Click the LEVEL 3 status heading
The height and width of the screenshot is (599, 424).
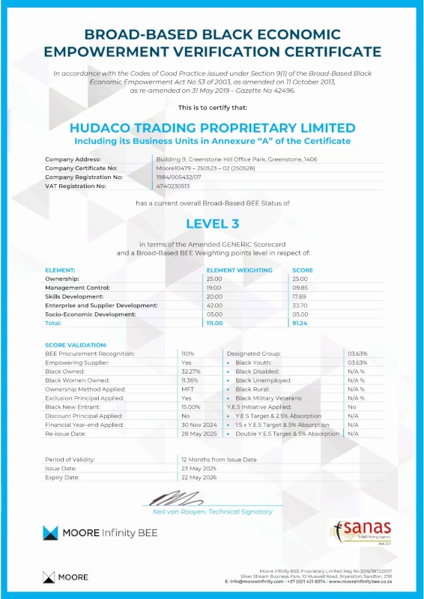[x=211, y=223]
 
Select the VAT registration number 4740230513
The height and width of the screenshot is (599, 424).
[x=173, y=186]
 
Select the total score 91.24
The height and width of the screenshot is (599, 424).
[x=301, y=323]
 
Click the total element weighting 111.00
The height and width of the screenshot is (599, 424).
[x=216, y=323]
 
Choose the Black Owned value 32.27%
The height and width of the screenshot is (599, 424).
[x=191, y=371]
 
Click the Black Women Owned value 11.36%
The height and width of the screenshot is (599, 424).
[x=190, y=380]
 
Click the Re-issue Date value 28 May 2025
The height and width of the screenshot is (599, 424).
[x=199, y=434]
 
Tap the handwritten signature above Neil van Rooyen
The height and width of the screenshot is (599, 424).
[x=174, y=498]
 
